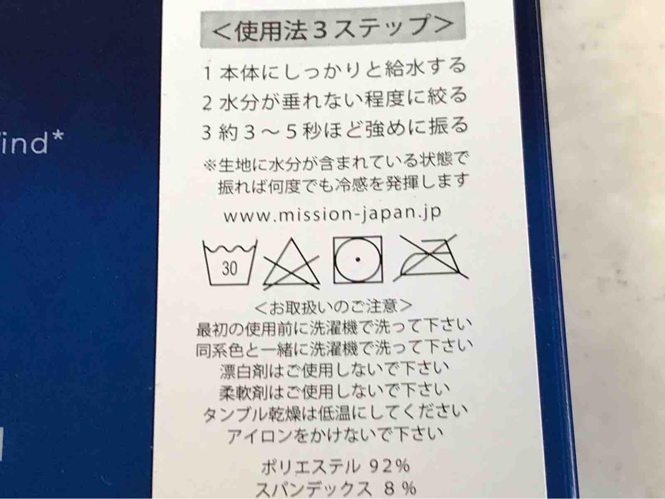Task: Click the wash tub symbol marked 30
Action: (230, 263)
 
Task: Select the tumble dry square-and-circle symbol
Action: (358, 260)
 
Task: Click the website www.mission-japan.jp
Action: (332, 214)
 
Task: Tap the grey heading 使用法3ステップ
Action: (332, 27)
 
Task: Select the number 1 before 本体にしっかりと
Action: (207, 74)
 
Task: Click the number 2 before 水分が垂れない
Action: (207, 103)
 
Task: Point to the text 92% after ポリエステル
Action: (389, 466)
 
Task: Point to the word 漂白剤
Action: (244, 371)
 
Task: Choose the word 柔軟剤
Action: (244, 392)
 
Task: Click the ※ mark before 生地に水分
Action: (209, 166)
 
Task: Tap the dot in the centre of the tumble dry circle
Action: (358, 259)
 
